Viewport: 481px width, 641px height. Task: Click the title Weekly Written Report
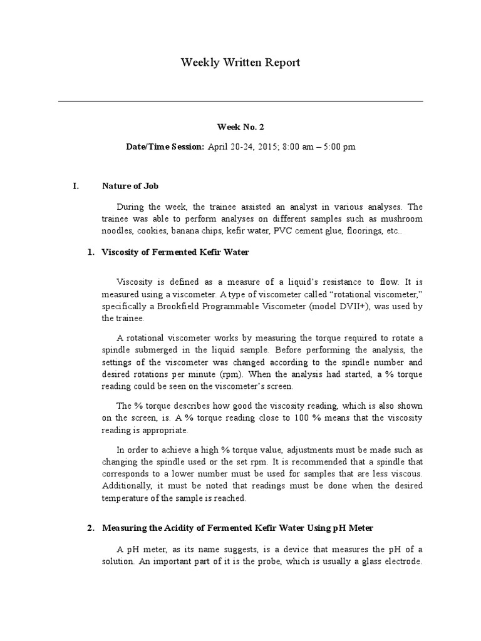[240, 63]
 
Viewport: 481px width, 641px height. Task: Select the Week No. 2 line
[240, 126]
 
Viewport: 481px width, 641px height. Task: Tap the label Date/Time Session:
[165, 146]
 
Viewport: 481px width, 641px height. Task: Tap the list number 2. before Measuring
[90, 528]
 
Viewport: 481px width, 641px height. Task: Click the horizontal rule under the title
[240, 101]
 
